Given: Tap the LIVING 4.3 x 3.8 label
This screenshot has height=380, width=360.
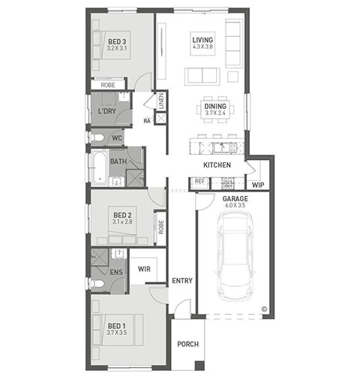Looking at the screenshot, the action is pyautogui.click(x=202, y=43).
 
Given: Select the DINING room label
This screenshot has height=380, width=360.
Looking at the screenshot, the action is pyautogui.click(x=215, y=106).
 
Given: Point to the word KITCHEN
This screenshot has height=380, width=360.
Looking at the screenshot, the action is pyautogui.click(x=217, y=165).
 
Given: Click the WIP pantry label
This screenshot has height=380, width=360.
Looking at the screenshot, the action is pyautogui.click(x=258, y=185).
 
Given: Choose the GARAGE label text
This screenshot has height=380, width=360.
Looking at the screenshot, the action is pyautogui.click(x=235, y=199).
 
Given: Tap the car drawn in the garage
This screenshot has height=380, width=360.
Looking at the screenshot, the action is pyautogui.click(x=235, y=256).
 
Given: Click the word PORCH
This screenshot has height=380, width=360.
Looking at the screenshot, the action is pyautogui.click(x=188, y=344).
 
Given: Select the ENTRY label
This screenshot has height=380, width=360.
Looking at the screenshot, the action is pyautogui.click(x=182, y=281).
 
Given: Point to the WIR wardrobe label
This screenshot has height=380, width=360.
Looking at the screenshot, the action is pyautogui.click(x=144, y=269).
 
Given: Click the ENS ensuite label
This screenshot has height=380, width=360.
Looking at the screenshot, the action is pyautogui.click(x=116, y=272).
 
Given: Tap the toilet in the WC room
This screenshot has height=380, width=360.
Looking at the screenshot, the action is pyautogui.click(x=97, y=137).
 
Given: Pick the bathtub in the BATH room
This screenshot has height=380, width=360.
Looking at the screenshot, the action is pyautogui.click(x=100, y=168).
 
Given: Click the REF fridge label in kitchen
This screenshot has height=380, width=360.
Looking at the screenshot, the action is pyautogui.click(x=199, y=181).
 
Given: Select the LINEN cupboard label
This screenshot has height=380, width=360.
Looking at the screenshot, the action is pyautogui.click(x=161, y=101).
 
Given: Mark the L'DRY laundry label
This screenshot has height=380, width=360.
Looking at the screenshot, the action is pyautogui.click(x=106, y=111).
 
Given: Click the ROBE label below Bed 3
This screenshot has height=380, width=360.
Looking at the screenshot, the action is pyautogui.click(x=108, y=85).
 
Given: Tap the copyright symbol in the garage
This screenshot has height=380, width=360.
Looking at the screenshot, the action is pyautogui.click(x=264, y=309).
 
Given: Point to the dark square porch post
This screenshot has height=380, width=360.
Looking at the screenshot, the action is pyautogui.click(x=199, y=366).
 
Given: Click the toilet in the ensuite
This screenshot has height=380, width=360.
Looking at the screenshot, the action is pyautogui.click(x=97, y=284).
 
